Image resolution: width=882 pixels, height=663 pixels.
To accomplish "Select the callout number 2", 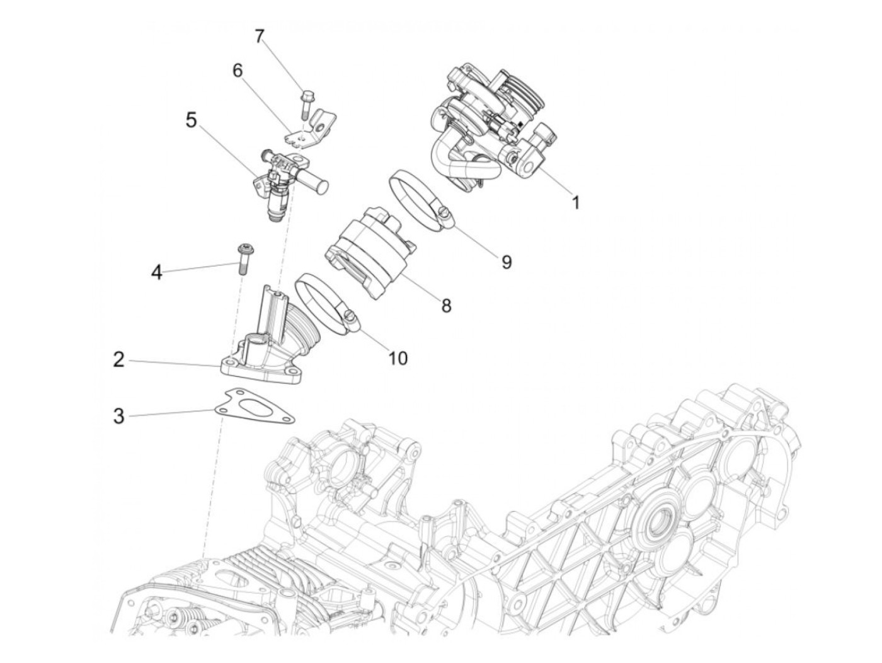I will [119, 360].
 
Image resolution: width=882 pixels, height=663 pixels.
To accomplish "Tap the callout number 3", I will [119, 416].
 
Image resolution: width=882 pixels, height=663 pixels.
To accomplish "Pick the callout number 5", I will [191, 120].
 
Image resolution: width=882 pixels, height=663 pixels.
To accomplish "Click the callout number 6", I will [238, 71].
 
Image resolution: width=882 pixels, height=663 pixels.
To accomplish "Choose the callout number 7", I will [259, 36].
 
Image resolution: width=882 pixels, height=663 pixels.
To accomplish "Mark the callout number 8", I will [446, 306].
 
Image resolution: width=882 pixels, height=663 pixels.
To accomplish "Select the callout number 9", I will [507, 262].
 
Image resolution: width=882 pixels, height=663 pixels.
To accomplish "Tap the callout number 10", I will [398, 358].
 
